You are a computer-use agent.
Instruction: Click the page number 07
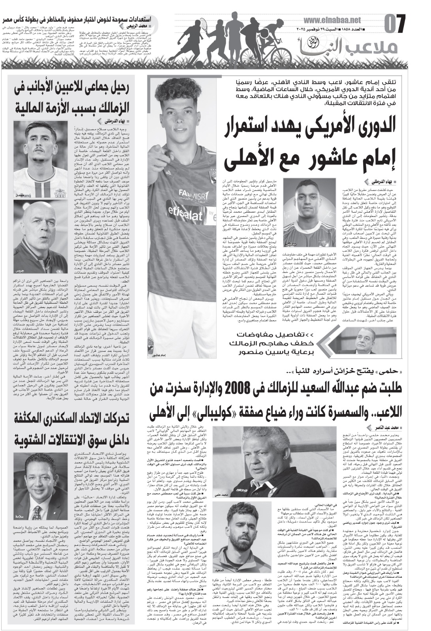pos(395,24)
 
